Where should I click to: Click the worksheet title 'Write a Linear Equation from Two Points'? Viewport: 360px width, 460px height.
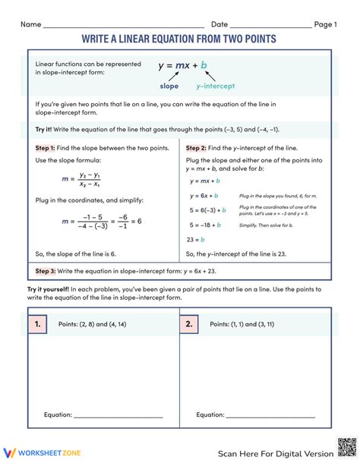point(180,38)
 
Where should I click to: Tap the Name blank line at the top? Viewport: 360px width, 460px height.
point(122,26)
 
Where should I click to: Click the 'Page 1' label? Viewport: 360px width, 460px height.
point(324,24)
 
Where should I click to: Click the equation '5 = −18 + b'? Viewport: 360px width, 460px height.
point(205,225)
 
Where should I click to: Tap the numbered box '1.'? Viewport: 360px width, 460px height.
point(37,323)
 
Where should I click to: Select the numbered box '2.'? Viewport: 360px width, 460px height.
point(189,323)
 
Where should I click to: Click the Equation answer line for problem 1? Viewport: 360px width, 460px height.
point(118,416)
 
